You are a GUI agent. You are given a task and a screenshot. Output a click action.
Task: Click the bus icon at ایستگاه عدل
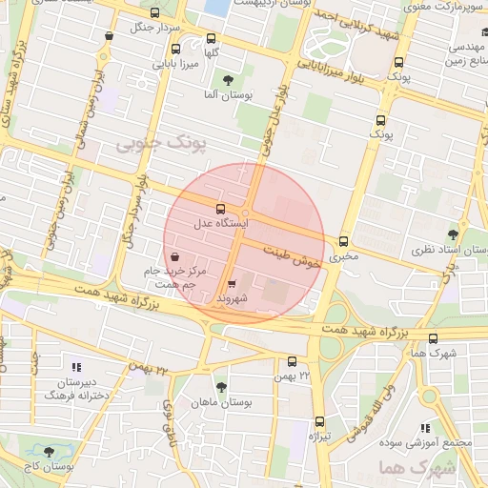pyautogui.click(x=221, y=209)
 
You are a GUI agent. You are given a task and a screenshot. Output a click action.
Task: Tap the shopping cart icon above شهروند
pyautogui.click(x=233, y=284)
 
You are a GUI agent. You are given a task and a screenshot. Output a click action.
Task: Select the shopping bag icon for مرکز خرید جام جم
pyautogui.click(x=174, y=256)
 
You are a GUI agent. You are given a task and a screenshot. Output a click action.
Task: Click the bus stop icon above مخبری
pyautogui.click(x=344, y=242)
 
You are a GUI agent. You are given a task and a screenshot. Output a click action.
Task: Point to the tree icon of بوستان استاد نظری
pyautogui.click(x=452, y=234)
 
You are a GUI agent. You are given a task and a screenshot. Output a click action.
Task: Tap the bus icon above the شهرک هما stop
pyautogui.click(x=434, y=338)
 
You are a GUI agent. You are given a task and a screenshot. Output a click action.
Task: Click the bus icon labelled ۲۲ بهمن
pyautogui.click(x=292, y=361)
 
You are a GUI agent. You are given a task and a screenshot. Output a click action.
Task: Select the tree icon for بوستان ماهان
pyautogui.click(x=221, y=387)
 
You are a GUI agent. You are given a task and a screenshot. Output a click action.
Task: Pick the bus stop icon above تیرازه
pyautogui.click(x=318, y=420)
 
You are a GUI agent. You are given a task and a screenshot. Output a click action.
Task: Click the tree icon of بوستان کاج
pyautogui.click(x=50, y=450)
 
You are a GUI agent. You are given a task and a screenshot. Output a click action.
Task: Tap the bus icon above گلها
pyautogui.click(x=212, y=39)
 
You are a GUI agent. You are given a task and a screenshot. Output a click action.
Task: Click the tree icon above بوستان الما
pyautogui.click(x=227, y=80)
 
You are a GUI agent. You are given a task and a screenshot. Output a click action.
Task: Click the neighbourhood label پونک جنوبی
pyautogui.click(x=153, y=143)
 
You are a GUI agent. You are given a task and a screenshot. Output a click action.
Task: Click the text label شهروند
pyautogui.click(x=233, y=299)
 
